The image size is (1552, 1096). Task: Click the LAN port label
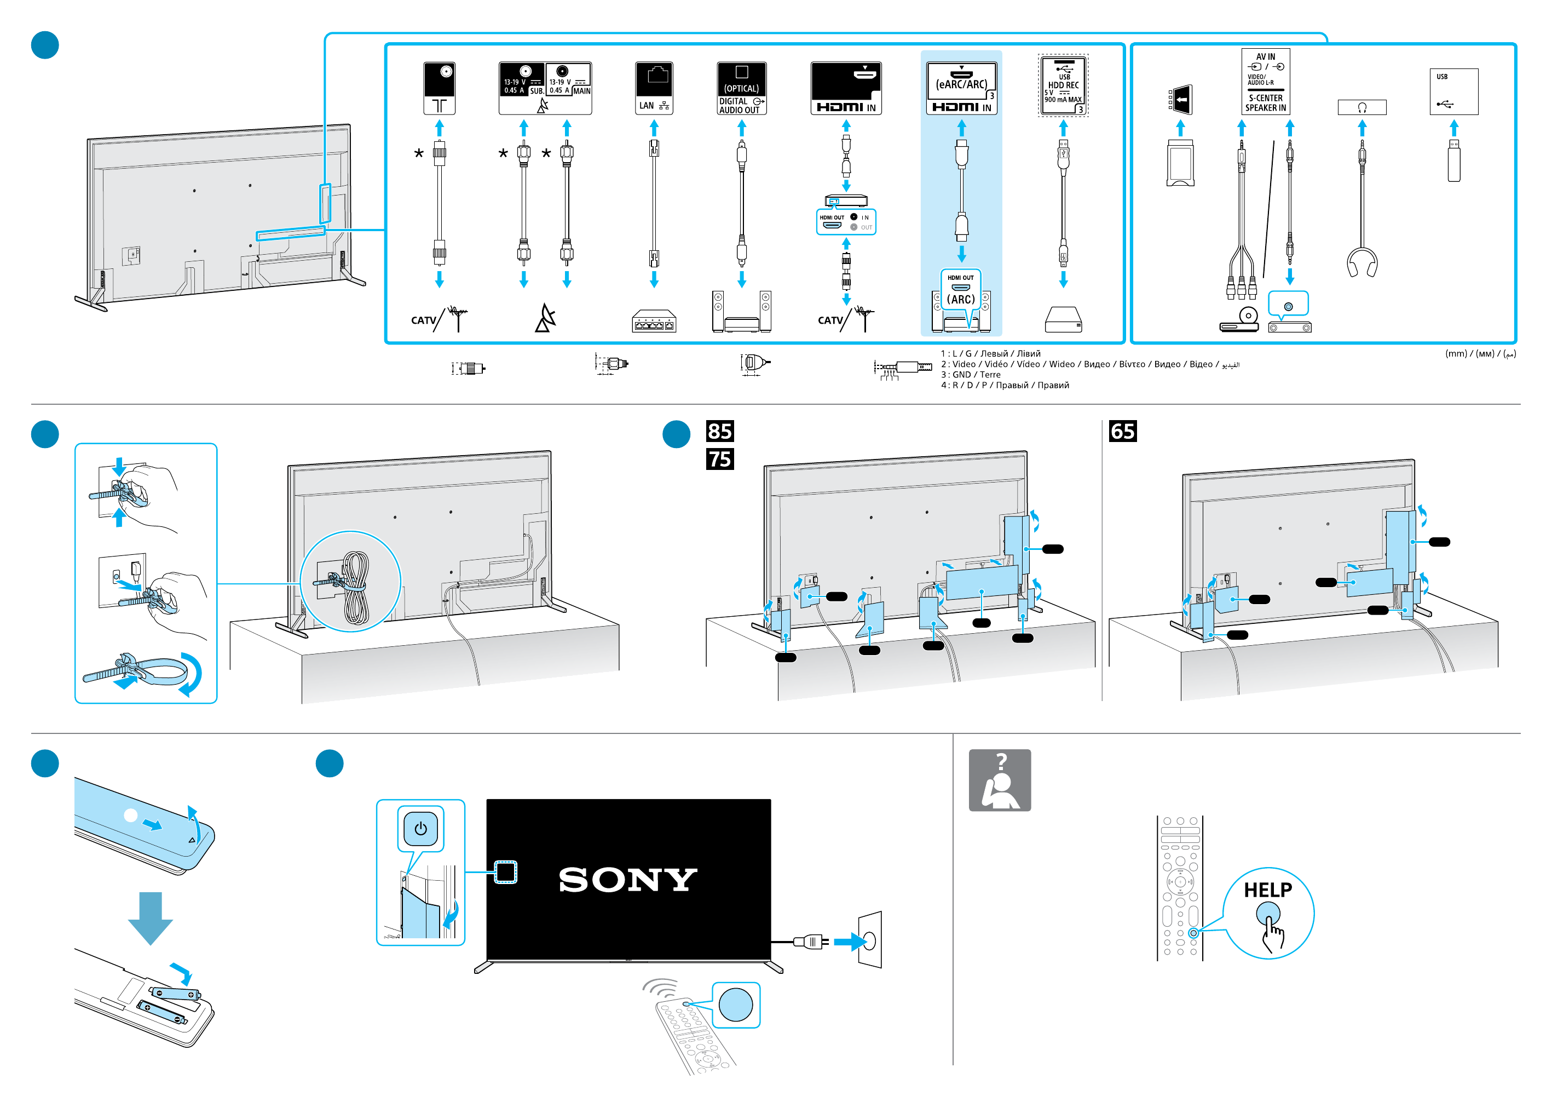pos(654,89)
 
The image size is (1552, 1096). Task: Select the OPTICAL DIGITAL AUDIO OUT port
pos(742,89)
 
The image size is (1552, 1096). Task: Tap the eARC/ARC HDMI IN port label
pos(961,89)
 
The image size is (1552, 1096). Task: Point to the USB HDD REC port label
pos(1063,86)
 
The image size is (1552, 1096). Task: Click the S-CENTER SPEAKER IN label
pos(1265,103)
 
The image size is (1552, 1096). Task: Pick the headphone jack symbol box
pos(1362,107)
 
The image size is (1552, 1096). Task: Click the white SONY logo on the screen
pos(628,880)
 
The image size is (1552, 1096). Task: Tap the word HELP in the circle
pos(1267,890)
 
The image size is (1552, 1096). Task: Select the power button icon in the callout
pos(420,828)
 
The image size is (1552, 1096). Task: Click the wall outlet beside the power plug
pos(870,940)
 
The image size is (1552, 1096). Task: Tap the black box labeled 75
pos(720,459)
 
